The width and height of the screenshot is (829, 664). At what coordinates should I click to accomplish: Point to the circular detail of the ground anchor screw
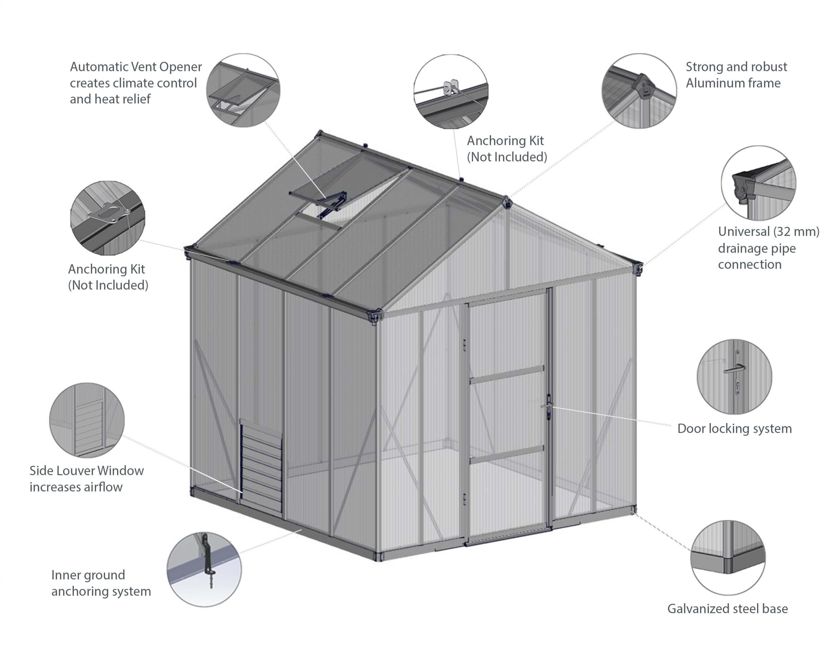[204, 570]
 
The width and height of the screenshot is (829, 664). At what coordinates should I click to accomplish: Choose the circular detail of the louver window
[87, 420]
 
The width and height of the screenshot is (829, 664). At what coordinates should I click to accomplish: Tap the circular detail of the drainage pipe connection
[759, 183]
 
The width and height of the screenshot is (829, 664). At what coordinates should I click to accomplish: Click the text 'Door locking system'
[735, 428]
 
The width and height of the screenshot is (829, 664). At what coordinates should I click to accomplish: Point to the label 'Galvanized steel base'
[728, 609]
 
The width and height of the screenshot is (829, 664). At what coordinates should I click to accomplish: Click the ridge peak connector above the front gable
[507, 202]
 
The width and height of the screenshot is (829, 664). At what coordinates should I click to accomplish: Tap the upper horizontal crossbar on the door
[507, 374]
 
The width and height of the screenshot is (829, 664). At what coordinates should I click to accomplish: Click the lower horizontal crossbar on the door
[507, 454]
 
